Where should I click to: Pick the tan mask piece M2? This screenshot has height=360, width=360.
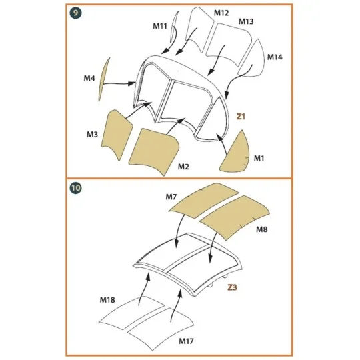point(153,151)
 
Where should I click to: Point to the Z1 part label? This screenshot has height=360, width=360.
point(241,116)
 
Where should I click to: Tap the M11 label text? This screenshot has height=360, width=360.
point(160,26)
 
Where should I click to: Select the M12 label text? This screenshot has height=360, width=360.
point(221,13)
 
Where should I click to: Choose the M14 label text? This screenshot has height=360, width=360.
point(275,57)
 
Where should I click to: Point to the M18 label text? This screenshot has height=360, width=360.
point(109,301)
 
